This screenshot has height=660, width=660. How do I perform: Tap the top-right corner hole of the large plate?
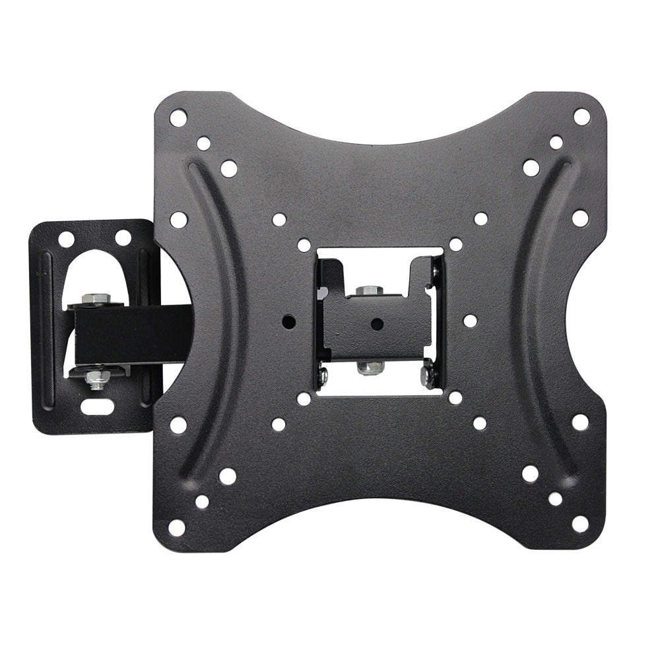(x=581, y=117)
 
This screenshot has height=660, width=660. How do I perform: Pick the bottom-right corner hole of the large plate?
(x=579, y=524)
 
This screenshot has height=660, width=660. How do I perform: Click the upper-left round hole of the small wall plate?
(x=66, y=239)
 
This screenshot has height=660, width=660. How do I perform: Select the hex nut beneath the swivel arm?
(x=96, y=378)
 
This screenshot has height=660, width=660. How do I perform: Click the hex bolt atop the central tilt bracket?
(x=370, y=291)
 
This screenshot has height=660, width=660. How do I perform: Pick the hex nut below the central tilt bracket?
(x=370, y=366)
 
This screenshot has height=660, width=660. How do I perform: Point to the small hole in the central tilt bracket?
(x=377, y=324)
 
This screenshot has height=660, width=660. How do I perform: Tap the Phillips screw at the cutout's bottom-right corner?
(x=428, y=377)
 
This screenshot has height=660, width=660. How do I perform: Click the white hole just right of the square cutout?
(x=470, y=321)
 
